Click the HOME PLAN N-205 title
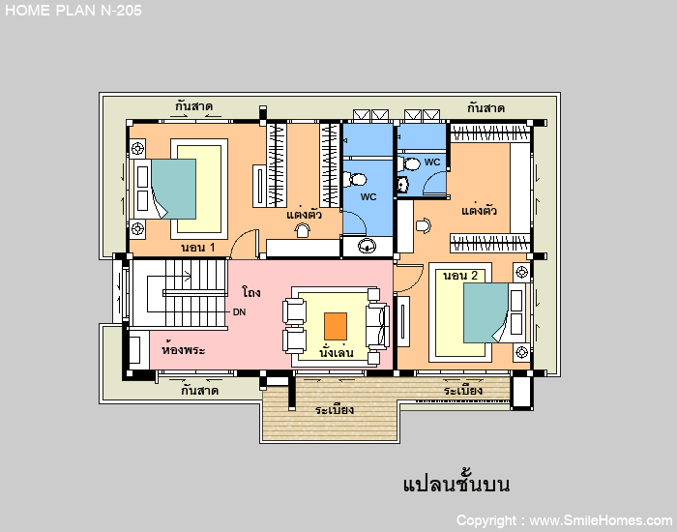click(73, 11)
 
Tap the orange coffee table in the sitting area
click(336, 326)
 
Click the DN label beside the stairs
click(239, 311)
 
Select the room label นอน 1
click(197, 248)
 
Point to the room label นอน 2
click(460, 276)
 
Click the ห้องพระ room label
click(183, 349)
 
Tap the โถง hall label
click(251, 292)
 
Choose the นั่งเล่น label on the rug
click(337, 352)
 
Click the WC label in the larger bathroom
click(368, 197)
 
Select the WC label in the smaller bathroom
click(432, 162)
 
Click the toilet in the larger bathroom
click(355, 179)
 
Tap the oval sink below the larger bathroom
click(367, 246)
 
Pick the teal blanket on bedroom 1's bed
click(173, 190)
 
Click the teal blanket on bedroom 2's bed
click(486, 312)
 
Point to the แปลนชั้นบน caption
click(456, 484)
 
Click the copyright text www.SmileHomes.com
click(601, 520)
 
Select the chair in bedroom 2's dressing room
click(424, 225)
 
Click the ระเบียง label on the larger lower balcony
click(335, 409)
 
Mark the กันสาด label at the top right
click(486, 107)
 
